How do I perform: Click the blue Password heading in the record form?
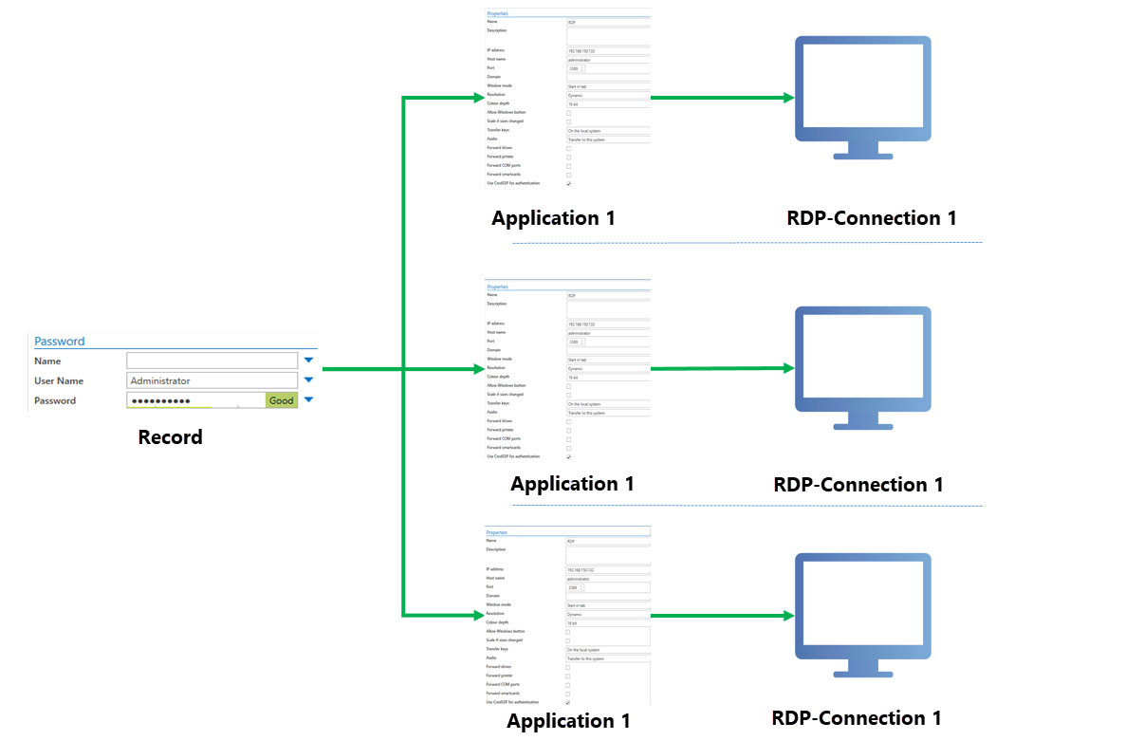(60, 342)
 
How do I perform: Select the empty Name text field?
(212, 361)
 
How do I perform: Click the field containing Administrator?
(212, 380)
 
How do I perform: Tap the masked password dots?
(160, 401)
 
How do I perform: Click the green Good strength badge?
(281, 400)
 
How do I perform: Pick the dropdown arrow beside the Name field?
(308, 361)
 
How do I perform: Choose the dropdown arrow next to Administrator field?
(308, 380)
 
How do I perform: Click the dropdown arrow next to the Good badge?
(308, 400)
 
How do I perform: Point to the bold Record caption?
(171, 437)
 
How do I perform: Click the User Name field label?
(59, 380)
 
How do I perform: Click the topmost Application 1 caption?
(553, 218)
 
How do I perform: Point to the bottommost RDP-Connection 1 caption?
(857, 718)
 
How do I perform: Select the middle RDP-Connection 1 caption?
(858, 485)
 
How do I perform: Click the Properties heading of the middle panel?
(497, 287)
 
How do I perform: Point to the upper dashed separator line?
(747, 243)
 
